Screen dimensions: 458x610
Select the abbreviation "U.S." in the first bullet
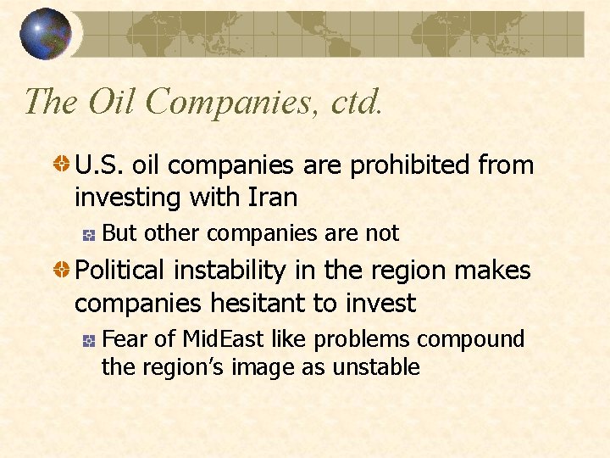(x=99, y=165)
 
